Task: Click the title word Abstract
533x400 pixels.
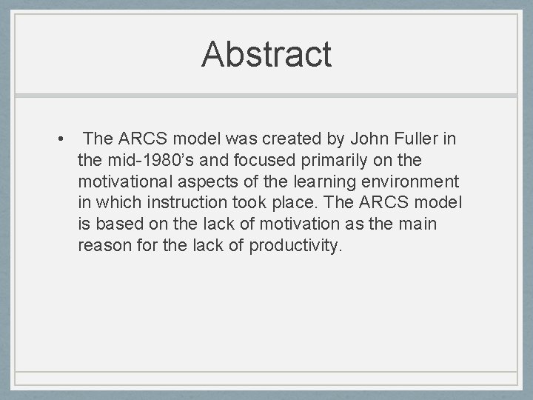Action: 266,54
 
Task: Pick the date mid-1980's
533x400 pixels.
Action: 150,159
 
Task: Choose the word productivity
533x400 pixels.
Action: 296,245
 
